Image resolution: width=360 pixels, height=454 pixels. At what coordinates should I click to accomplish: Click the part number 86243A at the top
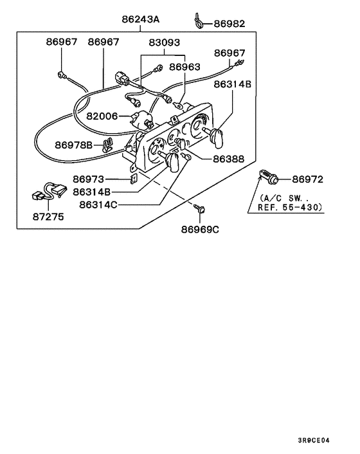(140, 19)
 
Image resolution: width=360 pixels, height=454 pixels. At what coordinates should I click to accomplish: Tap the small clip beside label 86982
(199, 21)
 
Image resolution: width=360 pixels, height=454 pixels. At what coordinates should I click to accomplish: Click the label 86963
(184, 66)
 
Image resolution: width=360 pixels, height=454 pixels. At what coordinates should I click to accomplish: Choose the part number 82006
(102, 116)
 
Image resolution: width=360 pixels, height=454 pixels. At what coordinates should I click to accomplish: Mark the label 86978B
(74, 145)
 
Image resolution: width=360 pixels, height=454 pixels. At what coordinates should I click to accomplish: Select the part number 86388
(228, 158)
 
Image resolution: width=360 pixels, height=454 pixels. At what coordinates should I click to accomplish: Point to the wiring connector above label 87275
(48, 191)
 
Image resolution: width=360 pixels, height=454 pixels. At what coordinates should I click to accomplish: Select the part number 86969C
(200, 230)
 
